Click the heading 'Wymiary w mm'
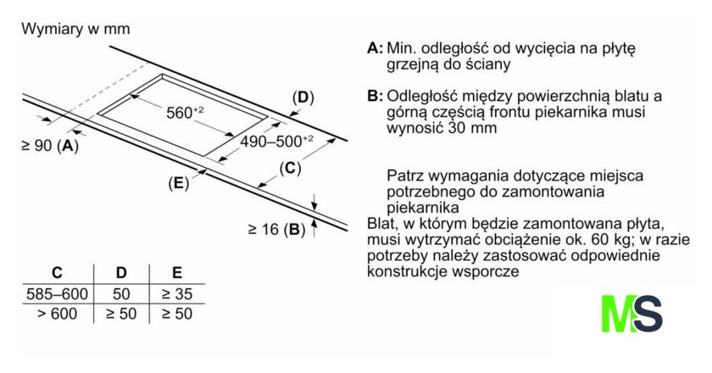75,29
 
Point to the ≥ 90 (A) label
49,146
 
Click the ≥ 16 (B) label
276,229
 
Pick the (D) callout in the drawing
303,97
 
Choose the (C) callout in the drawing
290,168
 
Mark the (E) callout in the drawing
178,182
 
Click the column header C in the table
57,273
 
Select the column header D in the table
120,273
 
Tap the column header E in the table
176,273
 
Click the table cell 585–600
57,294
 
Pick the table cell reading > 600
57,314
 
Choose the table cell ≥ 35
176,294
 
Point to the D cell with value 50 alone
120,294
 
